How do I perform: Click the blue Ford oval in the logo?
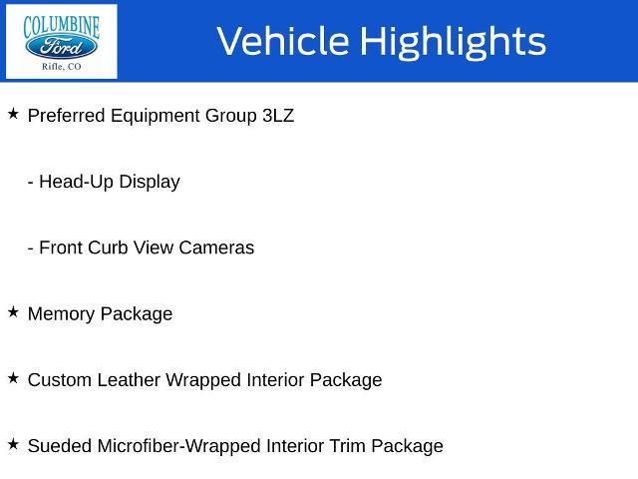pyautogui.click(x=61, y=47)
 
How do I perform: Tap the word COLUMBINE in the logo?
pyautogui.click(x=61, y=27)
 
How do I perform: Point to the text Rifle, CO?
pyautogui.click(x=62, y=67)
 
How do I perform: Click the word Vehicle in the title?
pyautogui.click(x=283, y=41)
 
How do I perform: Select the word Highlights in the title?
pyautogui.click(x=453, y=42)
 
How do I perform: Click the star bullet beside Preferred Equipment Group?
pyautogui.click(x=13, y=114)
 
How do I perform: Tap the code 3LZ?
pyautogui.click(x=278, y=116)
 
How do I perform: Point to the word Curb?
pyautogui.click(x=108, y=247)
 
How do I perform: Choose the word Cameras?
pyautogui.click(x=216, y=247)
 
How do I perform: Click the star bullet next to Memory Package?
pyautogui.click(x=13, y=312)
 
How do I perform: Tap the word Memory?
pyautogui.click(x=61, y=314)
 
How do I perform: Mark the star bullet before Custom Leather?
pyautogui.click(x=13, y=378)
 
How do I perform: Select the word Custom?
pyautogui.click(x=60, y=380)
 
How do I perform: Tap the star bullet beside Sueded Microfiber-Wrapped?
pyautogui.click(x=13, y=444)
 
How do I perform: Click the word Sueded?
pyautogui.click(x=60, y=446)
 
